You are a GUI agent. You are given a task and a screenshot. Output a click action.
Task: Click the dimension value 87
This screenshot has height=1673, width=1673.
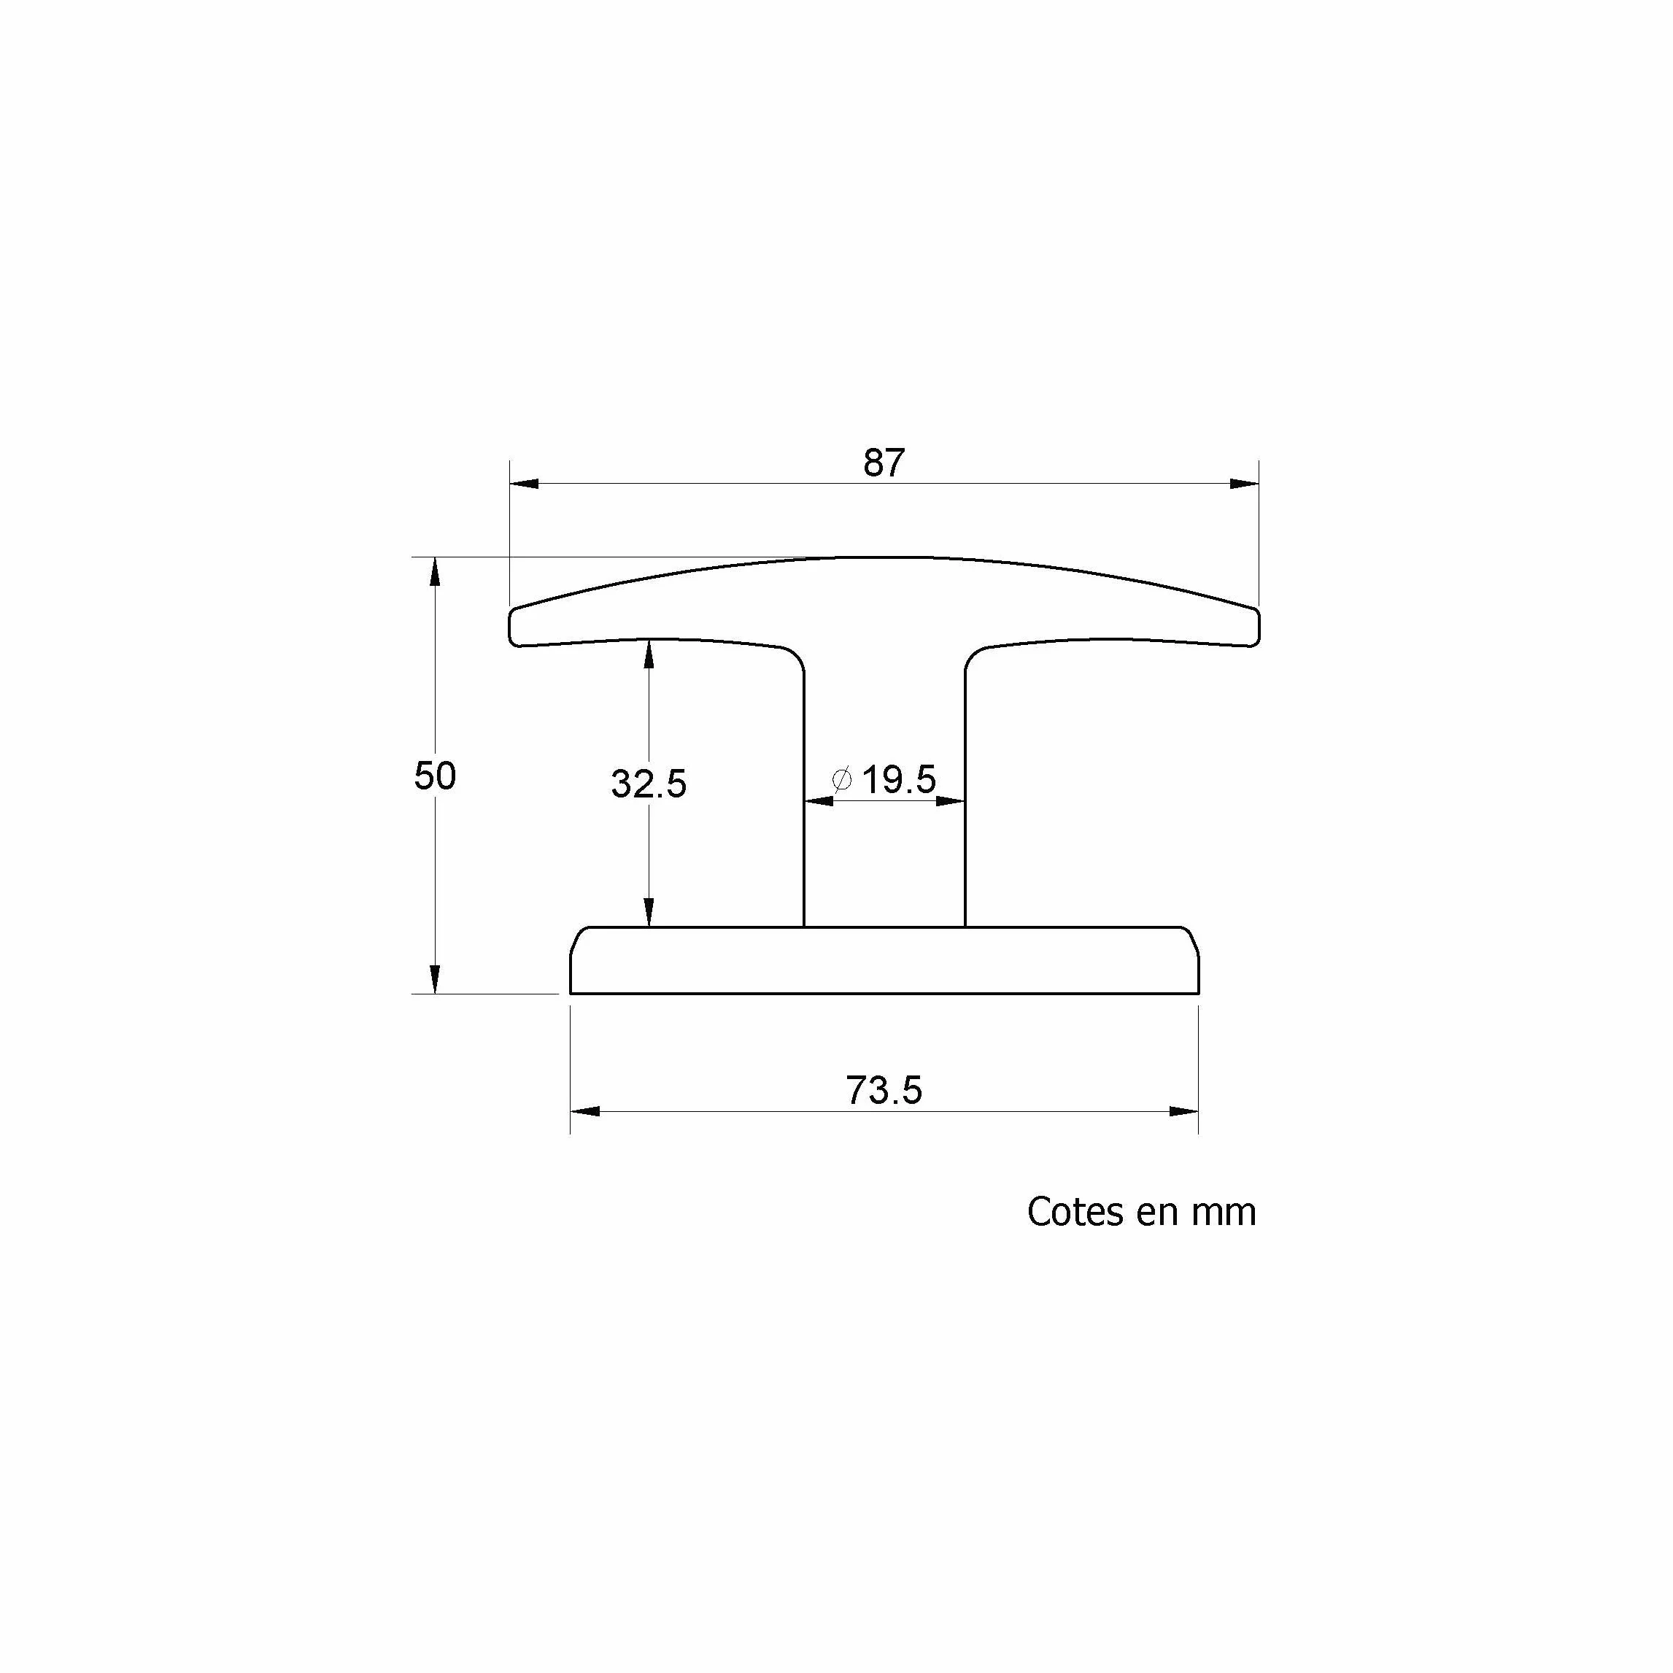tap(884, 463)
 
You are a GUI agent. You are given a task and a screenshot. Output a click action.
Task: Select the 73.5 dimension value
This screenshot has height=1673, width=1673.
tap(884, 1090)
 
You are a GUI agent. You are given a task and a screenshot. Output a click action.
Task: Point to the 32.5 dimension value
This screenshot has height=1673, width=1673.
tap(649, 784)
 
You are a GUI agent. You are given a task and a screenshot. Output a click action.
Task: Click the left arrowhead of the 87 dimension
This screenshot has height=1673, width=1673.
tap(524, 483)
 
